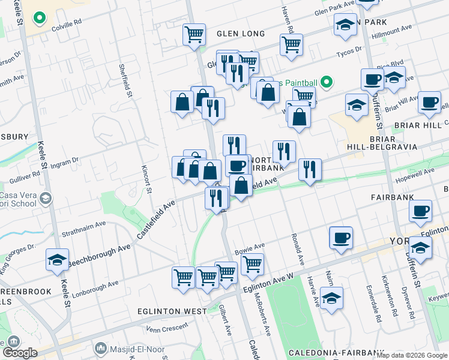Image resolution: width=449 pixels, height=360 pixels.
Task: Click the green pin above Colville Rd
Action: coord(40,18)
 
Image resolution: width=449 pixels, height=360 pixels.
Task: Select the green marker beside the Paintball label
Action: coord(327,81)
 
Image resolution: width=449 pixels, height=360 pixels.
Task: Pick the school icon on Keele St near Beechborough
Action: coord(57,260)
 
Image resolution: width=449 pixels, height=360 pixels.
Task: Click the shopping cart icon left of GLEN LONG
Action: coord(194,34)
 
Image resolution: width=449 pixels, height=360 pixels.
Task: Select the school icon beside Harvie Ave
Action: coord(331,298)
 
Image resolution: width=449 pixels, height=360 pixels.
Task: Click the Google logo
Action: coord(20,353)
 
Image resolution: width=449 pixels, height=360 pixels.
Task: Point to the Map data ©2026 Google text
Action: coord(412,355)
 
